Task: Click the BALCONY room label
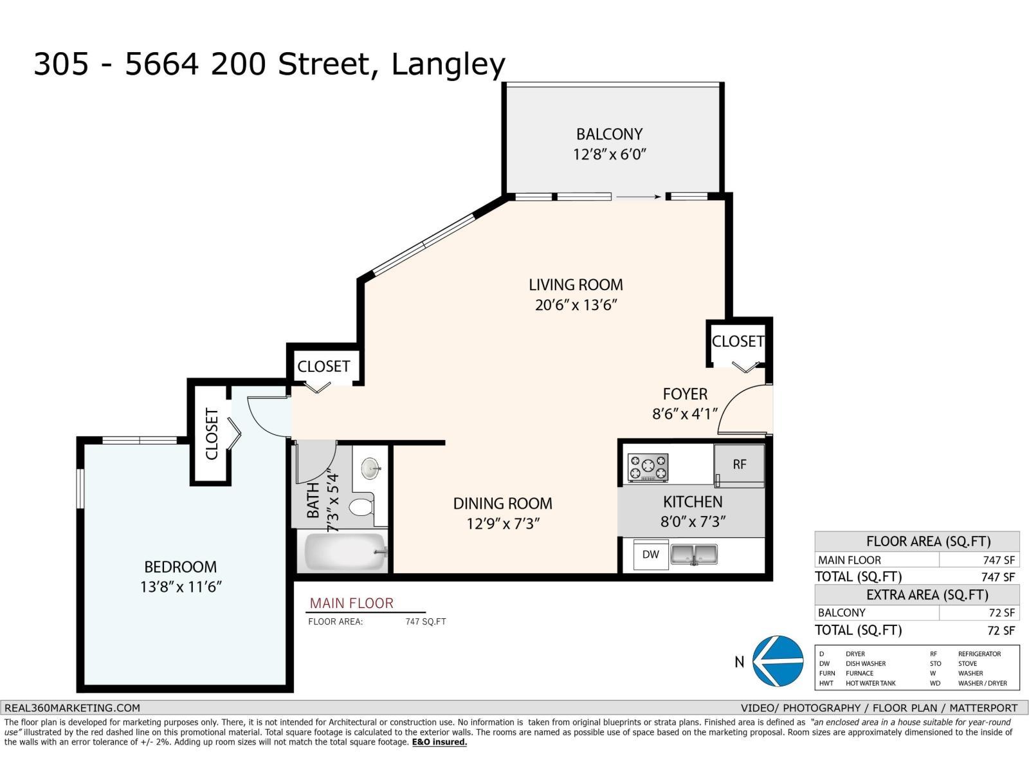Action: (609, 134)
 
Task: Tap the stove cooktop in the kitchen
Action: (648, 467)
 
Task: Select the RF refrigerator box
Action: (740, 465)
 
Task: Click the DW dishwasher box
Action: (651, 555)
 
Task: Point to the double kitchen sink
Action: (694, 554)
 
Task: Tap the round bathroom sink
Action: (370, 468)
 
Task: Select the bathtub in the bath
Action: (345, 552)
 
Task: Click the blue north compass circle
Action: (778, 661)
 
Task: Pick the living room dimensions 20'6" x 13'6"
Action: (576, 305)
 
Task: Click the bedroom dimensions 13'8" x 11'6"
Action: (181, 586)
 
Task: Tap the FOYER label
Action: (685, 394)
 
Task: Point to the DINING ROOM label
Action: (502, 504)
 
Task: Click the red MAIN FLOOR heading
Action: (352, 603)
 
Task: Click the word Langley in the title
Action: (448, 65)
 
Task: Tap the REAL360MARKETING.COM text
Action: (72, 708)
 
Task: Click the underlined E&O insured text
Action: (439, 742)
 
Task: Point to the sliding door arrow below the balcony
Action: (638, 197)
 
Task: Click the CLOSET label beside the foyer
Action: (738, 341)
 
